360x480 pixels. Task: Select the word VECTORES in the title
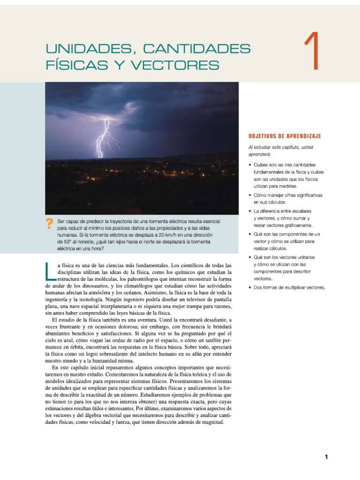click(x=182, y=65)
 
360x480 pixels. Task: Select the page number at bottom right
click(x=326, y=457)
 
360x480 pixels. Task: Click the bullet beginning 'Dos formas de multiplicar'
click(x=290, y=287)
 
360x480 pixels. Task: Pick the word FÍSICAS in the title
click(x=69, y=65)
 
